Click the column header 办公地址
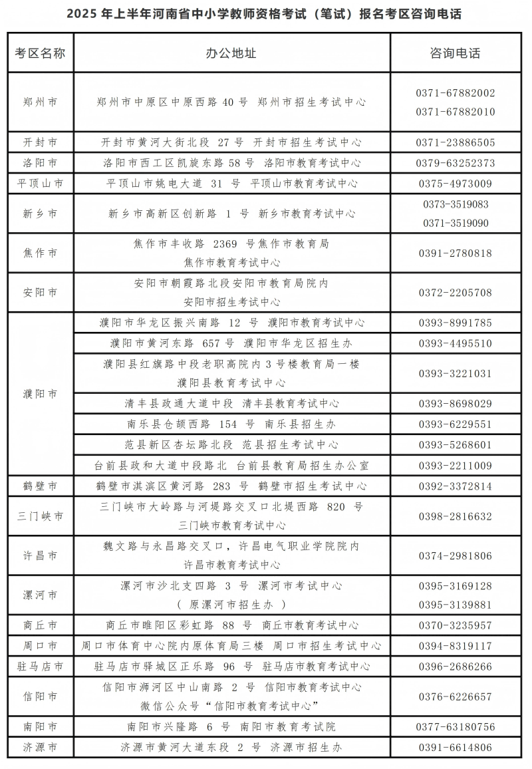click(x=231, y=53)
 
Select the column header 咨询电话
click(x=455, y=53)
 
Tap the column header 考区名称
click(x=40, y=53)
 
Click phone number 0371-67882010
click(x=456, y=112)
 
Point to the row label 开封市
click(x=40, y=142)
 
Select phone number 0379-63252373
click(x=456, y=163)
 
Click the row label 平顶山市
click(x=40, y=184)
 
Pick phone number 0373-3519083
click(x=456, y=204)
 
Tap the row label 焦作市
click(x=40, y=253)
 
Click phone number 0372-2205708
click(x=456, y=293)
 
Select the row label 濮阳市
click(x=40, y=394)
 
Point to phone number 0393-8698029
click(x=456, y=404)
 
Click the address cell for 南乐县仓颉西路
click(x=231, y=424)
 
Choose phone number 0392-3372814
click(x=456, y=486)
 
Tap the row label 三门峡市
click(x=40, y=516)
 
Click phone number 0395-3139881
click(x=456, y=605)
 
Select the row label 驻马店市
click(x=40, y=667)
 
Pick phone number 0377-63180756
click(x=456, y=727)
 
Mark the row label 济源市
click(x=40, y=748)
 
